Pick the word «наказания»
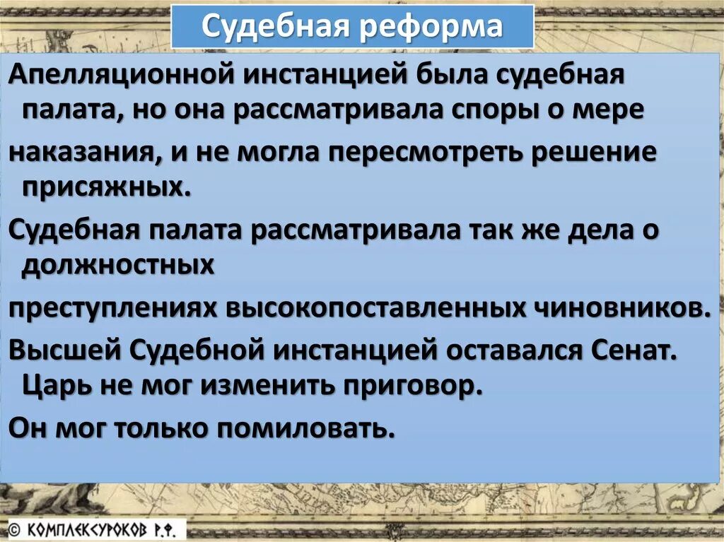click(x=81, y=153)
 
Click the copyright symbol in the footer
click(x=12, y=529)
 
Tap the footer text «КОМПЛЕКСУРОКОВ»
click(x=86, y=529)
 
